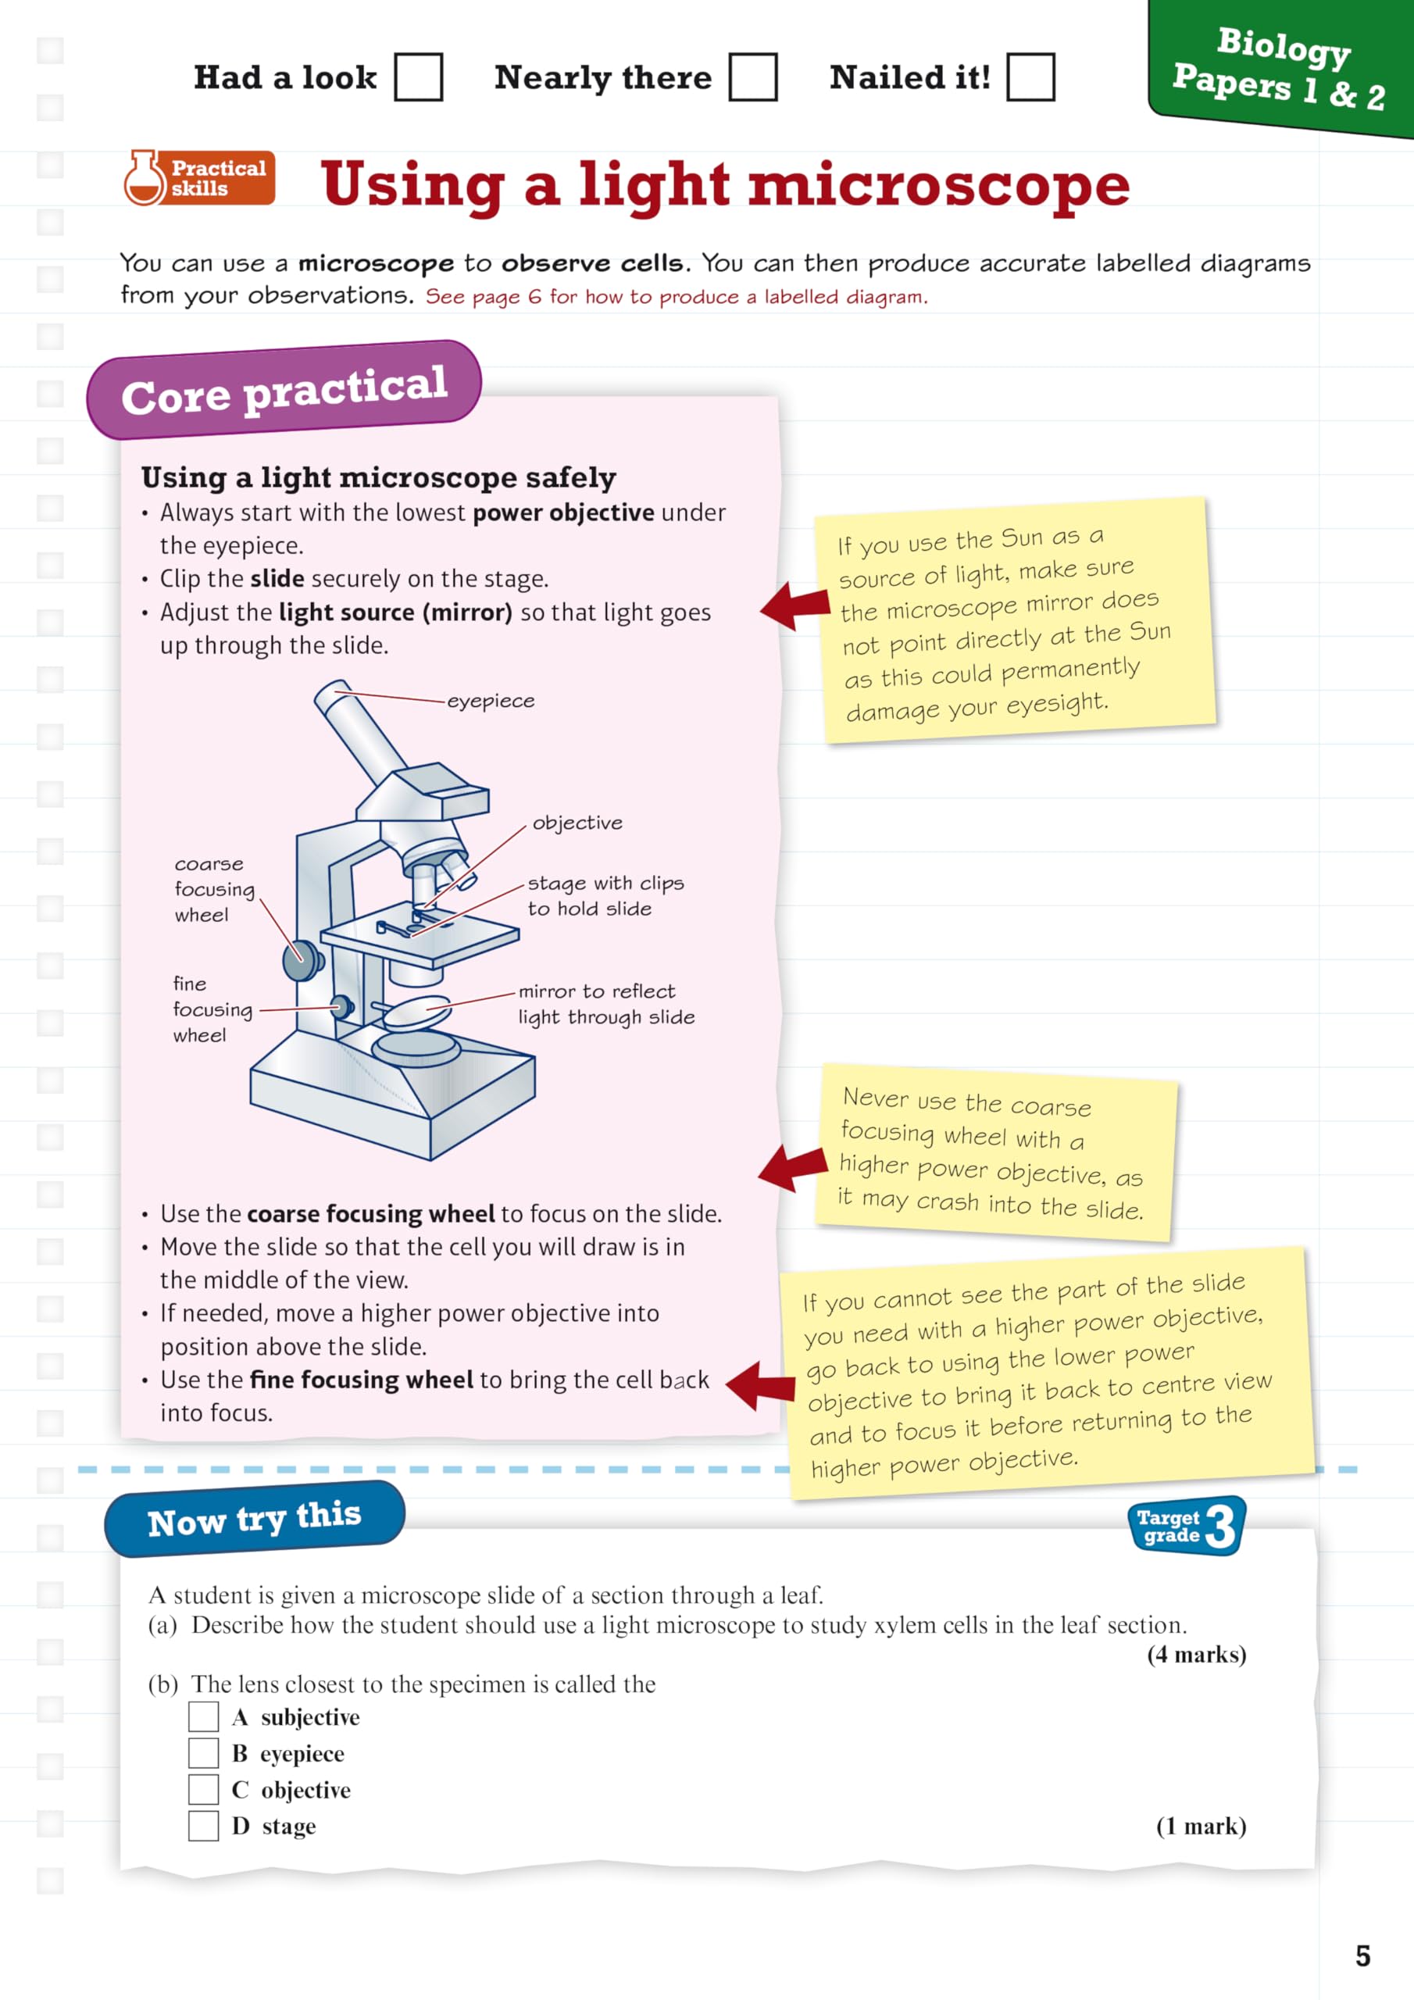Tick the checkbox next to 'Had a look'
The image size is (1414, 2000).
(418, 77)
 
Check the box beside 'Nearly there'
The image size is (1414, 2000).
(753, 77)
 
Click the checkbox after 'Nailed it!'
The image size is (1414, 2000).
(1030, 77)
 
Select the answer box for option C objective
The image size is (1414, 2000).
(204, 1789)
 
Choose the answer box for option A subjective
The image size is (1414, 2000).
(204, 1717)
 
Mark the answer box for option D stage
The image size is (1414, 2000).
(204, 1826)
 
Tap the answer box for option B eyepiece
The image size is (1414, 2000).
(204, 1752)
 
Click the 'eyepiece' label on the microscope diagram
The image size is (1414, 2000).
(491, 702)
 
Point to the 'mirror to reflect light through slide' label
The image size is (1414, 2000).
(606, 1003)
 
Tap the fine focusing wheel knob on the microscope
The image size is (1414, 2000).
(342, 1007)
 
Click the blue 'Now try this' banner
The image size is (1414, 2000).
(255, 1520)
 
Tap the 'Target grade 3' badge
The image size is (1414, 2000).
(1186, 1526)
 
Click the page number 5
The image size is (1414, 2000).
(1362, 1955)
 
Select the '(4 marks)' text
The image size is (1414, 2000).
(1196, 1654)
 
